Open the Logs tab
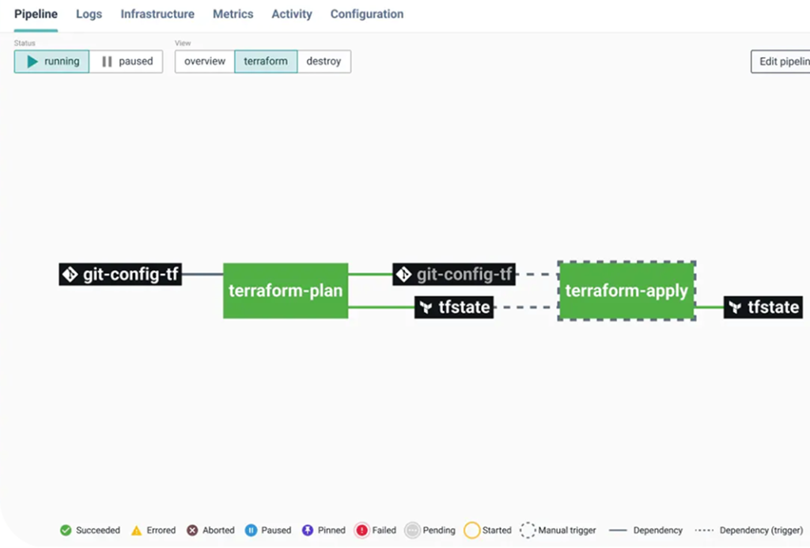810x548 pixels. click(x=89, y=14)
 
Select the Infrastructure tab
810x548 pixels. click(x=157, y=14)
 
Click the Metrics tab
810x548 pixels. click(x=233, y=14)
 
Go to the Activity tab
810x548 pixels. click(x=292, y=14)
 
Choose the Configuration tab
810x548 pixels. click(x=367, y=14)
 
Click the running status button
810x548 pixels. click(x=51, y=62)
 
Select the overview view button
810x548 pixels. click(x=205, y=62)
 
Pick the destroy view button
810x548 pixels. click(x=324, y=62)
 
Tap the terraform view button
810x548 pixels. click(x=266, y=62)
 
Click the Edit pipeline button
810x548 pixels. click(x=781, y=62)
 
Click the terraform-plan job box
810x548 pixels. click(x=286, y=291)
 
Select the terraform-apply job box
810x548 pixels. click(x=626, y=291)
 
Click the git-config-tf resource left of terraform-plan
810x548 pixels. click(x=120, y=274)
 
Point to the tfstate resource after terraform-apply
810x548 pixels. click(x=763, y=307)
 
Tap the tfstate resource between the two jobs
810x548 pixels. click(x=454, y=307)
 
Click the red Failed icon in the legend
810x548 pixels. click(x=362, y=531)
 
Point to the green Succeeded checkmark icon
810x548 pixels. click(x=66, y=531)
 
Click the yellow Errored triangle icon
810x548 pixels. click(x=136, y=531)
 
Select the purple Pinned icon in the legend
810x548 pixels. click(x=308, y=531)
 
